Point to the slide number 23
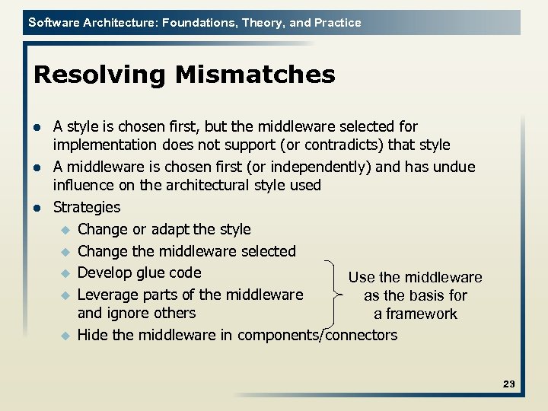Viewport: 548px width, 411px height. point(509,384)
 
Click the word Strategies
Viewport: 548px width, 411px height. point(87,207)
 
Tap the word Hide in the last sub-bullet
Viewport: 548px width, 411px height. point(93,335)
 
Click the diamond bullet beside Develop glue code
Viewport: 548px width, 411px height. point(65,273)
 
